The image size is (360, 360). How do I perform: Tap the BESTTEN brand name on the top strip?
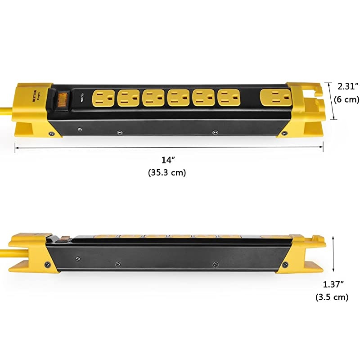(x=34, y=95)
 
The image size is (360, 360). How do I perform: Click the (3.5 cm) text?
(x=333, y=297)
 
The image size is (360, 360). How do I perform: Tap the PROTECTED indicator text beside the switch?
(x=82, y=99)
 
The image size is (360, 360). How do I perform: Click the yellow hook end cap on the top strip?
(x=306, y=108)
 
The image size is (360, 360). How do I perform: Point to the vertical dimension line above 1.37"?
(x=333, y=254)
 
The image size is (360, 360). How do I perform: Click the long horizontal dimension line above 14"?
(x=169, y=146)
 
